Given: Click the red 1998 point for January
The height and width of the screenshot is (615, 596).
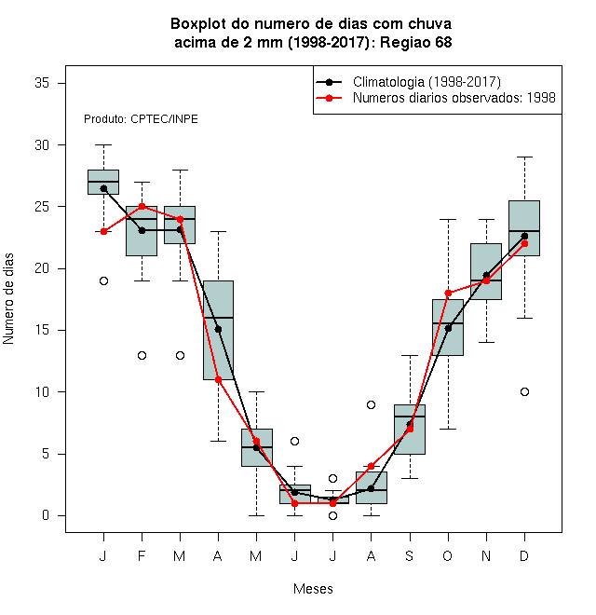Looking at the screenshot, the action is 103,231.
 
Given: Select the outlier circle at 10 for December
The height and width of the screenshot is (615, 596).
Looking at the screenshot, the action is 524,391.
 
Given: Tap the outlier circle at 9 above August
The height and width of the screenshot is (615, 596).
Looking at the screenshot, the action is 371,404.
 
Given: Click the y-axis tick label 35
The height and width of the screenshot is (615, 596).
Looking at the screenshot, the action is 42,83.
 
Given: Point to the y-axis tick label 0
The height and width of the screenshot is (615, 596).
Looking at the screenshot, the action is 46,515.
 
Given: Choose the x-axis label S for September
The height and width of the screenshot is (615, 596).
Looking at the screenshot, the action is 410,555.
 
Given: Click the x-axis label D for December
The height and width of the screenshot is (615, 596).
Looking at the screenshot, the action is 524,555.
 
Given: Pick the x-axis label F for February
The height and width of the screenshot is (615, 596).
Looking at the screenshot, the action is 142,555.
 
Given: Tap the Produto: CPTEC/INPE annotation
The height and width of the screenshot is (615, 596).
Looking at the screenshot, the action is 141,119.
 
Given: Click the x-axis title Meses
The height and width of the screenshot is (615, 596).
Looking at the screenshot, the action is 313,589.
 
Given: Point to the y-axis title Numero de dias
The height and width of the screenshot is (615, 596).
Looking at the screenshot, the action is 8,299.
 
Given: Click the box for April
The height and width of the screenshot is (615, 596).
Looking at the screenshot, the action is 219,330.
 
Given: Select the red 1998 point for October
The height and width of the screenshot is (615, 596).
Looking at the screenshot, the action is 448,293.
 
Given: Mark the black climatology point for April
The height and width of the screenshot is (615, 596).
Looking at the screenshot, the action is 219,329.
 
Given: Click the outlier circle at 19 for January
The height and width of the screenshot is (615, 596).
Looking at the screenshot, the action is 103,280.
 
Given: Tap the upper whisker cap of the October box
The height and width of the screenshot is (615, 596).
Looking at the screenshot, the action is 448,220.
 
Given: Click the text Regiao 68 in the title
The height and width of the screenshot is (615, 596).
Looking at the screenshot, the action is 416,42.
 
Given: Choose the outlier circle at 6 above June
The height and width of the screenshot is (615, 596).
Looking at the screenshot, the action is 294,442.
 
